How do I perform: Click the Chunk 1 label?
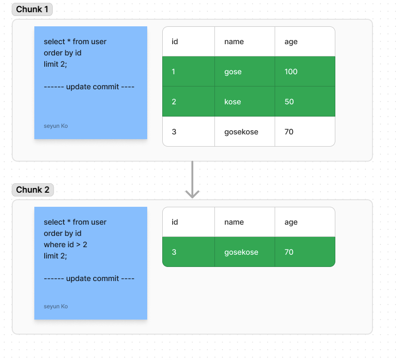click(x=32, y=9)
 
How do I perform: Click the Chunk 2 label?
click(x=32, y=190)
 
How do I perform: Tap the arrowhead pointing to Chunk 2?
click(x=192, y=194)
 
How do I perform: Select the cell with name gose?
click(x=233, y=72)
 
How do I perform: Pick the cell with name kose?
click(x=233, y=102)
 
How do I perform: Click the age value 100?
click(x=291, y=72)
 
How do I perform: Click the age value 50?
click(x=289, y=102)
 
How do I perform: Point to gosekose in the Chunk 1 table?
click(x=241, y=132)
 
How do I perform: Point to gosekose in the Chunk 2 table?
click(x=241, y=252)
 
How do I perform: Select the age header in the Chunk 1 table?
click(x=291, y=42)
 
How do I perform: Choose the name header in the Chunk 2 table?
click(x=234, y=222)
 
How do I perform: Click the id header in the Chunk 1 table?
click(x=174, y=42)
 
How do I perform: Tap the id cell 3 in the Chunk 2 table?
click(x=174, y=252)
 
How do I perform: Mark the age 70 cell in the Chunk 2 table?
click(x=289, y=252)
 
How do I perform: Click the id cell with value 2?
click(x=174, y=102)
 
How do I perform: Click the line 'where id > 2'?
click(x=65, y=245)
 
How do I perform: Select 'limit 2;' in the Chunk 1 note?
click(x=55, y=64)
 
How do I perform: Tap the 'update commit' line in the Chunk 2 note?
click(x=89, y=279)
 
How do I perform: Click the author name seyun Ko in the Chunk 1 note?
click(x=55, y=126)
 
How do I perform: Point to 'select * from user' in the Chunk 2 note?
click(x=75, y=222)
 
